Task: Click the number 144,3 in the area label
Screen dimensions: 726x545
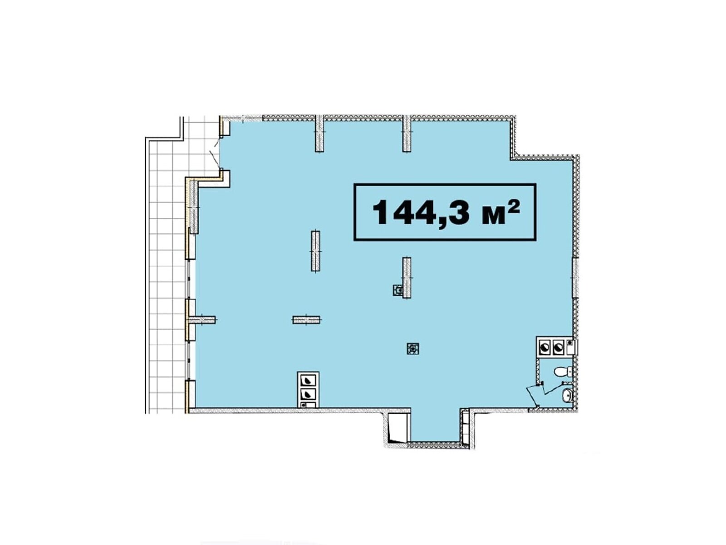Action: (421, 212)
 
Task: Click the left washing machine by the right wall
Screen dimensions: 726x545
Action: (544, 347)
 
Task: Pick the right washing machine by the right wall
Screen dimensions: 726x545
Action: (558, 347)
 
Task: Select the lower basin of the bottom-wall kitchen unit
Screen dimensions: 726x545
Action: (308, 393)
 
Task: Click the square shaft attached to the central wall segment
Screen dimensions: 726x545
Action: (397, 290)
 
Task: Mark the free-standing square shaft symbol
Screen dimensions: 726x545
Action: (413, 348)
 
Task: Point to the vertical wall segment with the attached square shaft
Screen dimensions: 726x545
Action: (407, 277)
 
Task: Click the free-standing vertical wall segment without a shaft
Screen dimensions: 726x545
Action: (315, 251)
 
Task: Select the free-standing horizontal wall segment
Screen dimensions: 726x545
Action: (306, 320)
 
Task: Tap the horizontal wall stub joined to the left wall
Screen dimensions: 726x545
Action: (202, 320)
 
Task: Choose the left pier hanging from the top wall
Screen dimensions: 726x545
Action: (319, 133)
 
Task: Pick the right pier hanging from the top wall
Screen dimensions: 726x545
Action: (407, 133)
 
